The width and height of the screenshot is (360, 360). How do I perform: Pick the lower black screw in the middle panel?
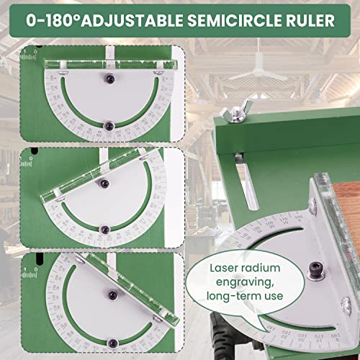pos(104,229)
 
